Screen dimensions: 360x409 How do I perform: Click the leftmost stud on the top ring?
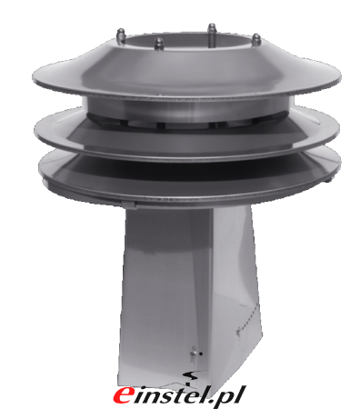coord(121,35)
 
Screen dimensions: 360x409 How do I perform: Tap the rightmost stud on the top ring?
coord(256,40)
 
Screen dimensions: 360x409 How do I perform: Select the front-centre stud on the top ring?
coord(159,44)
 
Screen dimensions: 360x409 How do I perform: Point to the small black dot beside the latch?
coord(201,354)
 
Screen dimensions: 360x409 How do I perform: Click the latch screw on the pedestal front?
coord(194,354)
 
